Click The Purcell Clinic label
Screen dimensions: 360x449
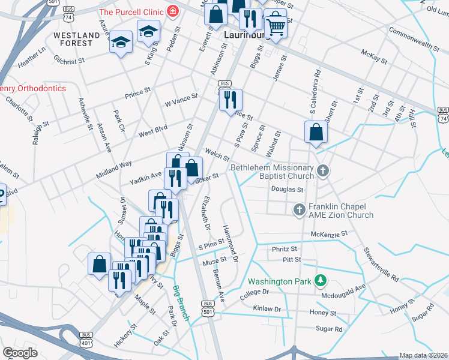tap(132, 11)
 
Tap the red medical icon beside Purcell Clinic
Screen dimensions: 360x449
tap(173, 11)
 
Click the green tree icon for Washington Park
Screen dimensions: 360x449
tap(321, 280)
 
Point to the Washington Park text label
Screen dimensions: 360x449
tap(281, 281)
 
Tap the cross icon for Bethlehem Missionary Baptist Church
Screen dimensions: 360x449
tap(323, 172)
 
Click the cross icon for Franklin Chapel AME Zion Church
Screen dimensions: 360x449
tap(299, 210)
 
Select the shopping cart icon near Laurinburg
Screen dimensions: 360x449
tap(275, 25)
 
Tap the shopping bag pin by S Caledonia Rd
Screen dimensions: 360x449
tap(316, 132)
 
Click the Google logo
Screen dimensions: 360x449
tap(20, 353)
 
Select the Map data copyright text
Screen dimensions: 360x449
tap(423, 355)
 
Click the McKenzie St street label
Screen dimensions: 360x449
tap(329, 233)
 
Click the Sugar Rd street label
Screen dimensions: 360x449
tap(329, 329)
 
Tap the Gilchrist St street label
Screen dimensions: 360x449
tap(68, 62)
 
